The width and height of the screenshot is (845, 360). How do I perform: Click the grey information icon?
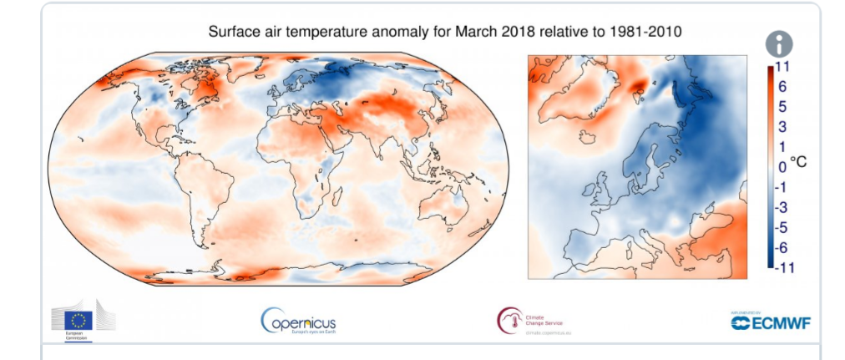tap(779, 44)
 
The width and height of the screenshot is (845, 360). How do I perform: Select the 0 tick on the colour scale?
tap(782, 167)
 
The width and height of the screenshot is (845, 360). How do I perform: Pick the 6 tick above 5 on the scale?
tap(782, 87)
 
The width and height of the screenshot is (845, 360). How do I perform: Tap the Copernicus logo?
tap(298, 321)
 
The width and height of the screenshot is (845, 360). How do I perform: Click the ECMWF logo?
tap(771, 322)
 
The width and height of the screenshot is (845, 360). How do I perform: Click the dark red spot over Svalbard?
tap(640, 84)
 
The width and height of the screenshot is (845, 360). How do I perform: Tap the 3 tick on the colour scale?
tap(782, 127)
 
